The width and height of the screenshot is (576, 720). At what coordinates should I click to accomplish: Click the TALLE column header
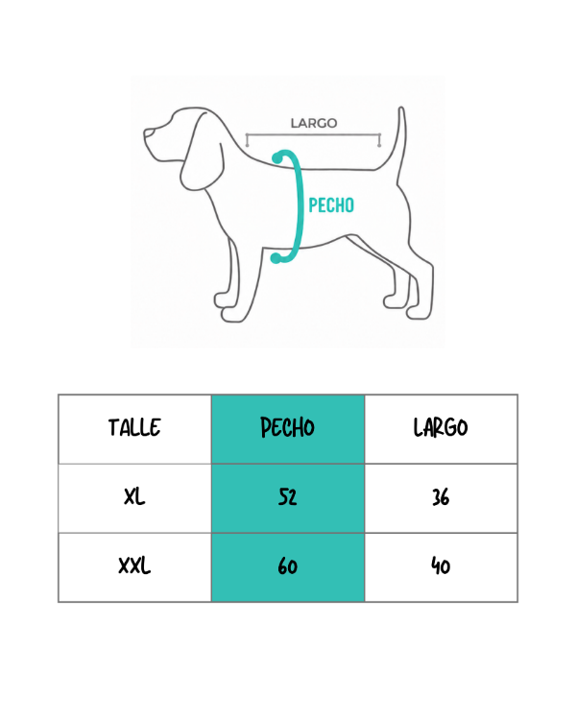click(134, 427)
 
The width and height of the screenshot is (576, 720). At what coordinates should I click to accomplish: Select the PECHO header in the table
click(288, 427)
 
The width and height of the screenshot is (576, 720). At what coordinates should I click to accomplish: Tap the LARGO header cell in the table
click(441, 427)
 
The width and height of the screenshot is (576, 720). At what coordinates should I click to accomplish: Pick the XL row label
click(134, 497)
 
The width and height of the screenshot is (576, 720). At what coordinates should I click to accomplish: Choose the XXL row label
click(134, 565)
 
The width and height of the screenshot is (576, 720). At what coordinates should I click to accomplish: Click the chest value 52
click(288, 497)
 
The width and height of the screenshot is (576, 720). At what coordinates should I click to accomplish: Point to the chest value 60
click(288, 566)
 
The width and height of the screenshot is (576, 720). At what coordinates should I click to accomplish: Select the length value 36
click(441, 497)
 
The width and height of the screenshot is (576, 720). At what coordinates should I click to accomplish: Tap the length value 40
click(441, 566)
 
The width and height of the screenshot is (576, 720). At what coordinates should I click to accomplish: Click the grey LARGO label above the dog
click(314, 123)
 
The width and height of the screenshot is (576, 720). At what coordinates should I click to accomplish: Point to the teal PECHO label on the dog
click(331, 205)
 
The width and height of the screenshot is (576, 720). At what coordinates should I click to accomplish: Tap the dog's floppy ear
click(203, 152)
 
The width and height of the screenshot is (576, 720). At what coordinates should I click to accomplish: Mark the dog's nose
click(148, 133)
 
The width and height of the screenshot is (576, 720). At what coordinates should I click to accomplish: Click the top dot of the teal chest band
click(277, 158)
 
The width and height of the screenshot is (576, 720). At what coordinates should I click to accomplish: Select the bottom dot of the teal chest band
click(276, 258)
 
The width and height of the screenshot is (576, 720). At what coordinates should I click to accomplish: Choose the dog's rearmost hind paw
click(419, 312)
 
